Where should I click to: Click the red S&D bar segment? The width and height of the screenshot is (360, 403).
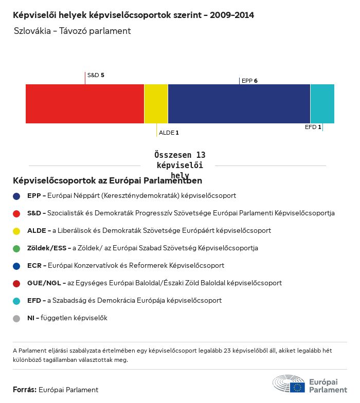click(x=85, y=104)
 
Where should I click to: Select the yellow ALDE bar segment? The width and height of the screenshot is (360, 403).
click(x=156, y=104)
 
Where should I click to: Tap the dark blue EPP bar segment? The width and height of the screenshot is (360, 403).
click(x=239, y=104)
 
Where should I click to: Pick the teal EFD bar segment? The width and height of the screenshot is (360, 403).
click(x=322, y=104)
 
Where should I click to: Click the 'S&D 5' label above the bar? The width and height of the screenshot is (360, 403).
click(x=96, y=75)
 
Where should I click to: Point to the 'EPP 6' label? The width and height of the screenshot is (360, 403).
click(x=249, y=81)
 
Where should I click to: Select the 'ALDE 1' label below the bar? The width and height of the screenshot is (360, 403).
click(x=169, y=133)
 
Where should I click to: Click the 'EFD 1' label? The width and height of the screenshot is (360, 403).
click(x=313, y=127)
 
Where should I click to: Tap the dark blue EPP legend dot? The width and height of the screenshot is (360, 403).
click(x=16, y=196)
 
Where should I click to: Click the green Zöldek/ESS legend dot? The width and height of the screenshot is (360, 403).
click(x=16, y=248)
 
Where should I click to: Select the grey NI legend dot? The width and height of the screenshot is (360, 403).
click(x=16, y=318)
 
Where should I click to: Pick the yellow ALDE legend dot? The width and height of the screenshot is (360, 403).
click(x=16, y=231)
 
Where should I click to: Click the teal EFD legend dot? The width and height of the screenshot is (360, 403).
click(x=16, y=301)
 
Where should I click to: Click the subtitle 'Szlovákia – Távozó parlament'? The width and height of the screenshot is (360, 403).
click(x=73, y=31)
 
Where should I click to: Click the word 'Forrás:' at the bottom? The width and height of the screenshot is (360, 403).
click(x=25, y=390)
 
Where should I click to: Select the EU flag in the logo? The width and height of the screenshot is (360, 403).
click(x=297, y=387)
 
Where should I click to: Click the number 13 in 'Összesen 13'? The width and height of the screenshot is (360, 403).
click(x=201, y=155)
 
